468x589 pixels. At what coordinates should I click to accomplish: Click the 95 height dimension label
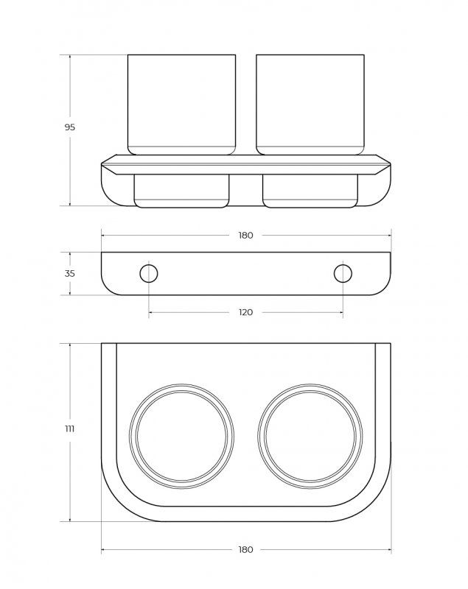pos(69,127)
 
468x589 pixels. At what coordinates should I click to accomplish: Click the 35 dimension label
pos(69,273)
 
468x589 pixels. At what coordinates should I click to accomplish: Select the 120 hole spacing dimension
pos(245,312)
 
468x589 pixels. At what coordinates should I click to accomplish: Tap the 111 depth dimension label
pos(69,428)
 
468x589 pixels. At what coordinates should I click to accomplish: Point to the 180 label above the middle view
pos(245,235)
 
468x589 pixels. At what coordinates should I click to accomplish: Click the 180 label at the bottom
pos(245,549)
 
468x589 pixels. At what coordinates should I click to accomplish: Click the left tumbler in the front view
pos(181,105)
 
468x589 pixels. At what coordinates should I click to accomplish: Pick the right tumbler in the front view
pos(310,105)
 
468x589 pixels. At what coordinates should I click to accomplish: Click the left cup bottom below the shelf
pos(181,191)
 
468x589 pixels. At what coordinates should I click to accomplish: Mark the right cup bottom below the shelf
pos(310,191)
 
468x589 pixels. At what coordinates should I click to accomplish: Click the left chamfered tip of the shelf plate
pos(102,163)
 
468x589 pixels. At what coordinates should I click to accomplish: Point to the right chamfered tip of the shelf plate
pos(390,163)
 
